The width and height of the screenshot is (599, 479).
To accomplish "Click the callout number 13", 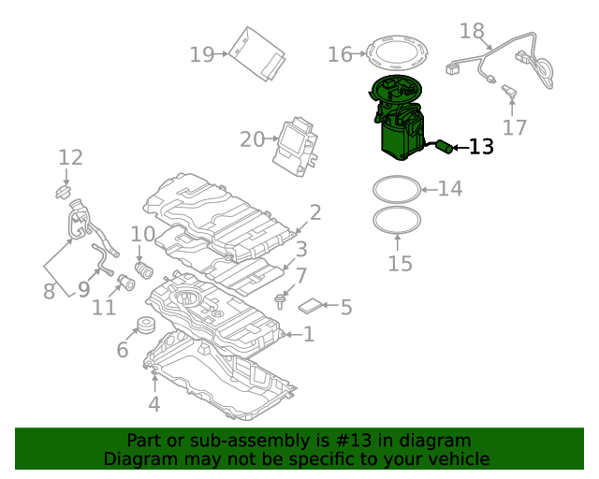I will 481,147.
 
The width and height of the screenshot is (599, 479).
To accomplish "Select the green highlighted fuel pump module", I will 398,122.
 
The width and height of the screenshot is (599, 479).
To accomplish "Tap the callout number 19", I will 201,54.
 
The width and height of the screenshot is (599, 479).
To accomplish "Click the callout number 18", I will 473,32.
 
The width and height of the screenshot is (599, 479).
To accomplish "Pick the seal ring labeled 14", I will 396,190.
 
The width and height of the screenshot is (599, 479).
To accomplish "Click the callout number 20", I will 252,139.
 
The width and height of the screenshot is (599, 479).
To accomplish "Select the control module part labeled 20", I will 298,145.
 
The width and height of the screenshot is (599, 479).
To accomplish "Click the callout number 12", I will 71,158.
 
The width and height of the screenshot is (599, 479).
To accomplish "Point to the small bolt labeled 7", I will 280,299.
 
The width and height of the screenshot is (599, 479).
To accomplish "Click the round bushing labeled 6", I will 146,327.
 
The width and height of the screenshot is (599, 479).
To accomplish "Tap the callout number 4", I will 154,404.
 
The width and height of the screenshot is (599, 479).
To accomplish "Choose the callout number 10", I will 142,234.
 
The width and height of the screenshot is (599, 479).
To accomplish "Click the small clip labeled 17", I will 510,92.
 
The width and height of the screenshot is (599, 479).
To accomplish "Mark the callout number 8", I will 49,292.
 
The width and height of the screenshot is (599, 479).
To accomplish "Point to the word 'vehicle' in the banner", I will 456,459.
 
